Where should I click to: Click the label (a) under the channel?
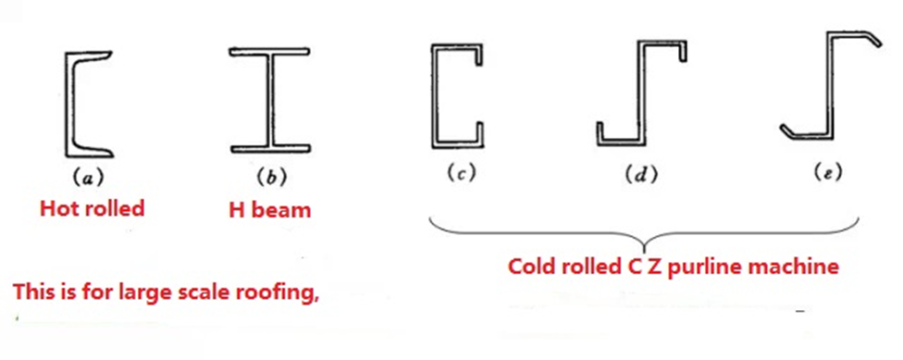[x=88, y=179]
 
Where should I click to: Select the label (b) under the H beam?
[x=271, y=178]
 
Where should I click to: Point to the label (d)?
[x=641, y=175]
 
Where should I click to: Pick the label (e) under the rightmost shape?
[x=829, y=171]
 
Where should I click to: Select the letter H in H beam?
[x=236, y=210]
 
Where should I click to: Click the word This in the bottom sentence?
[x=34, y=292]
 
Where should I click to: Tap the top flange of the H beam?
[x=270, y=52]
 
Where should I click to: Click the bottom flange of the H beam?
[x=270, y=148]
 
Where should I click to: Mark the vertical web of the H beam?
[x=270, y=100]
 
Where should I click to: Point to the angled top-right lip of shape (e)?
[x=872, y=39]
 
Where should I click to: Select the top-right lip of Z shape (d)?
[x=682, y=51]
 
